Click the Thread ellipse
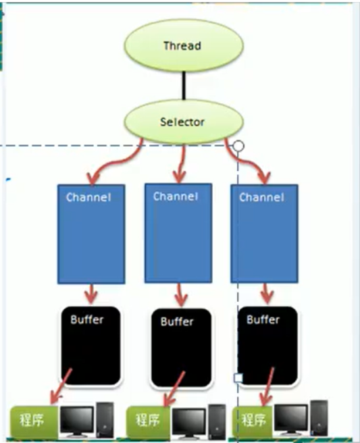click(184, 45)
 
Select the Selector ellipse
click(184, 122)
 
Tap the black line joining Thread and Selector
click(184, 85)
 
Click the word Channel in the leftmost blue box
click(88, 197)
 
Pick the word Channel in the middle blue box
click(176, 197)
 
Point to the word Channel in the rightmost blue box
click(261, 197)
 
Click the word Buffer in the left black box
click(87, 319)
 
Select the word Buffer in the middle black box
click(177, 321)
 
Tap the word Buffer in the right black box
click(263, 319)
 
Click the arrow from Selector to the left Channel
click(117, 162)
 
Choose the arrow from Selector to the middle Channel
click(181, 164)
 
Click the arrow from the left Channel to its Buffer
click(91, 294)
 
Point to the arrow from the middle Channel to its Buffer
click(180, 295)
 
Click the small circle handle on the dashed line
click(239, 146)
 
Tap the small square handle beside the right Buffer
click(238, 377)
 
